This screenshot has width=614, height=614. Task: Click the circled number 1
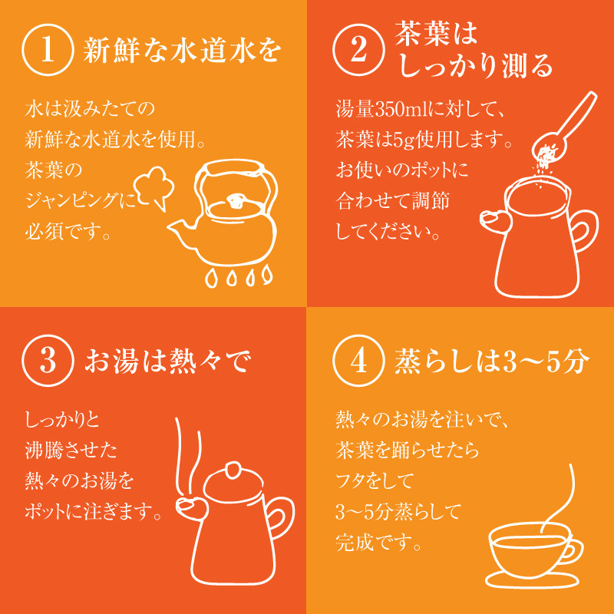pos(48,50)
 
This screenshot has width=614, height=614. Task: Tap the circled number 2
pos(358,50)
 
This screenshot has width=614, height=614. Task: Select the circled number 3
pos(48,360)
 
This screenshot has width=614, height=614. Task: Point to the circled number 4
pos(358,360)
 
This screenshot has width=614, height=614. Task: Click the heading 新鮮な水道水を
pos(182,50)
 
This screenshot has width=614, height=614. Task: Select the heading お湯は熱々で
pos(167,361)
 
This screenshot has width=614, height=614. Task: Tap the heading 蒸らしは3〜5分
pos(492,361)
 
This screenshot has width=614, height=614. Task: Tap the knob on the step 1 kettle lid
pos(236,201)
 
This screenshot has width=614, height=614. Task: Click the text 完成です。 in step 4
pos(378,543)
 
